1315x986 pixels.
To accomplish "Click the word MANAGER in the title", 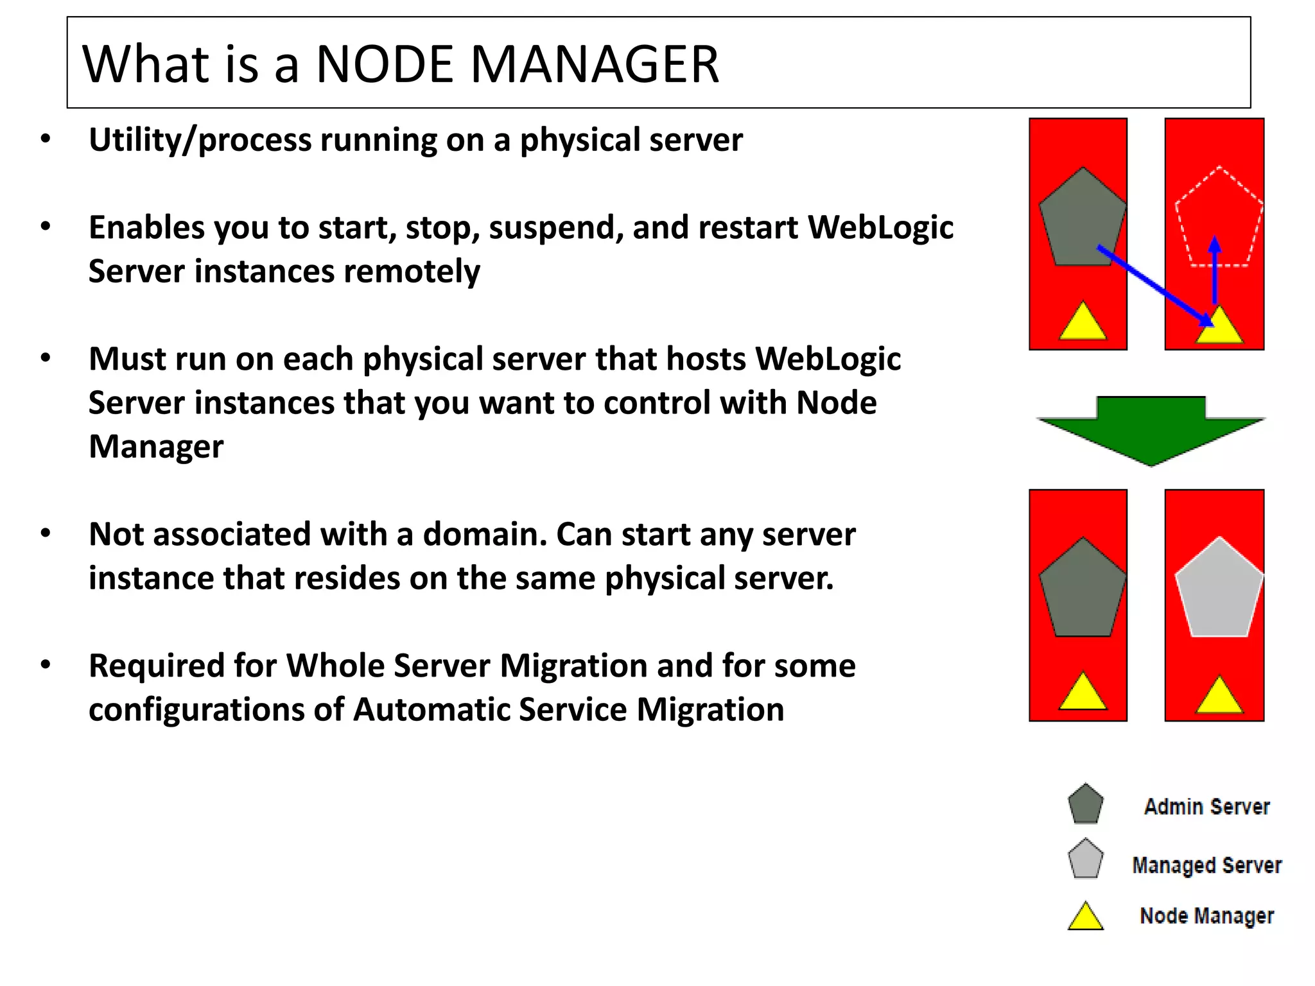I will click(595, 64).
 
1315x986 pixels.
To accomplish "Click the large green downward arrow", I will click(1151, 429).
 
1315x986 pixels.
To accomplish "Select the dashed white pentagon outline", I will click(1219, 218).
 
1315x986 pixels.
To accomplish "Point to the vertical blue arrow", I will click(1214, 270).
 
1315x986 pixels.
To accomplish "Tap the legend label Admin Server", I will click(1206, 806).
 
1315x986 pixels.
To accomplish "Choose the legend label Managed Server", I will click(1206, 865).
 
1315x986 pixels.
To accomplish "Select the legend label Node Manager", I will click(1206, 915).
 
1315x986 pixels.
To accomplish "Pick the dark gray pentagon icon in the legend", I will click(1085, 804).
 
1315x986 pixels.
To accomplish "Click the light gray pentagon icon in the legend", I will click(1085, 859).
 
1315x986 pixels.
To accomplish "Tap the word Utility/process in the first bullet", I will click(199, 140).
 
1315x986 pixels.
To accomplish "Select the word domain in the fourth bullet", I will click(485, 534).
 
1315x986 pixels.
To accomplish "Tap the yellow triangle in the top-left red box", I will click(1083, 323).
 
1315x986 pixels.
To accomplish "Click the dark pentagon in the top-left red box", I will click(1083, 218).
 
